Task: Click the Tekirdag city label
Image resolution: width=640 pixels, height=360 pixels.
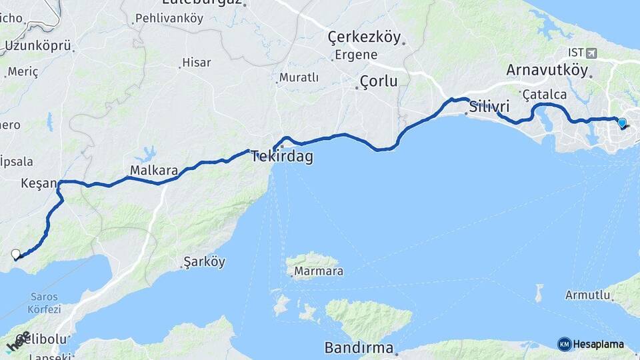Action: (x=282, y=157)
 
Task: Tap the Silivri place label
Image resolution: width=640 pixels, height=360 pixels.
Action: (x=489, y=107)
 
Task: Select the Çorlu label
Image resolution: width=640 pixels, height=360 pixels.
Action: (x=378, y=82)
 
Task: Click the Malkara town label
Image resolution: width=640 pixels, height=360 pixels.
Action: (x=154, y=171)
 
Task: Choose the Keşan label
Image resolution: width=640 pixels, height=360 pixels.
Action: (x=39, y=183)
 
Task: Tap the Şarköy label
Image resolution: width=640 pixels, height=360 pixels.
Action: (x=204, y=262)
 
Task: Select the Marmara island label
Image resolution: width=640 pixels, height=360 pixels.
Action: (x=319, y=271)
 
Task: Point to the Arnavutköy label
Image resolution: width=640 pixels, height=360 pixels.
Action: (x=547, y=70)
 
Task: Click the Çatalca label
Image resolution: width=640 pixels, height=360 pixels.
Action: (x=545, y=95)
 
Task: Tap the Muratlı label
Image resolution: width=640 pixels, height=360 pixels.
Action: (x=299, y=78)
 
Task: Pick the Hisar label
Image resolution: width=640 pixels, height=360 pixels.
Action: (x=197, y=63)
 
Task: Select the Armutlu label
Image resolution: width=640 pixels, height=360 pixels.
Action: (x=587, y=295)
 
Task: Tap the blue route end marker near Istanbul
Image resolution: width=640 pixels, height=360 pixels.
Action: (x=622, y=123)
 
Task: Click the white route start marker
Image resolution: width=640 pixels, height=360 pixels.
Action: (x=16, y=253)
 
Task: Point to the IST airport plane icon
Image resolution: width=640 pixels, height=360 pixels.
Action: (x=593, y=52)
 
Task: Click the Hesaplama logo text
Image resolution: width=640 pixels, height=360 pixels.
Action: (x=598, y=344)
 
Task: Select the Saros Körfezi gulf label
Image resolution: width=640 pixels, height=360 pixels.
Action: (x=44, y=303)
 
